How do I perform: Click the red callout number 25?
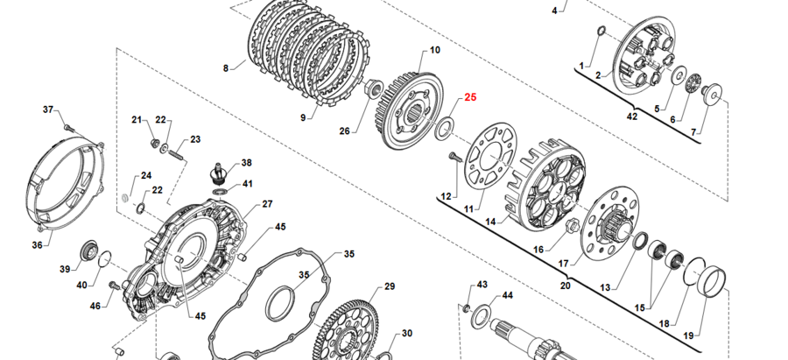[x=470, y=97]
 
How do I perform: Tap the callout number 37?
[x=49, y=109]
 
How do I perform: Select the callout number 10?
[x=435, y=51]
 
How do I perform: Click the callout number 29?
[x=390, y=286]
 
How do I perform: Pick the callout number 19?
[x=688, y=335]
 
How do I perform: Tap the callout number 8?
[x=226, y=67]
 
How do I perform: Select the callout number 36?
[x=37, y=245]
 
